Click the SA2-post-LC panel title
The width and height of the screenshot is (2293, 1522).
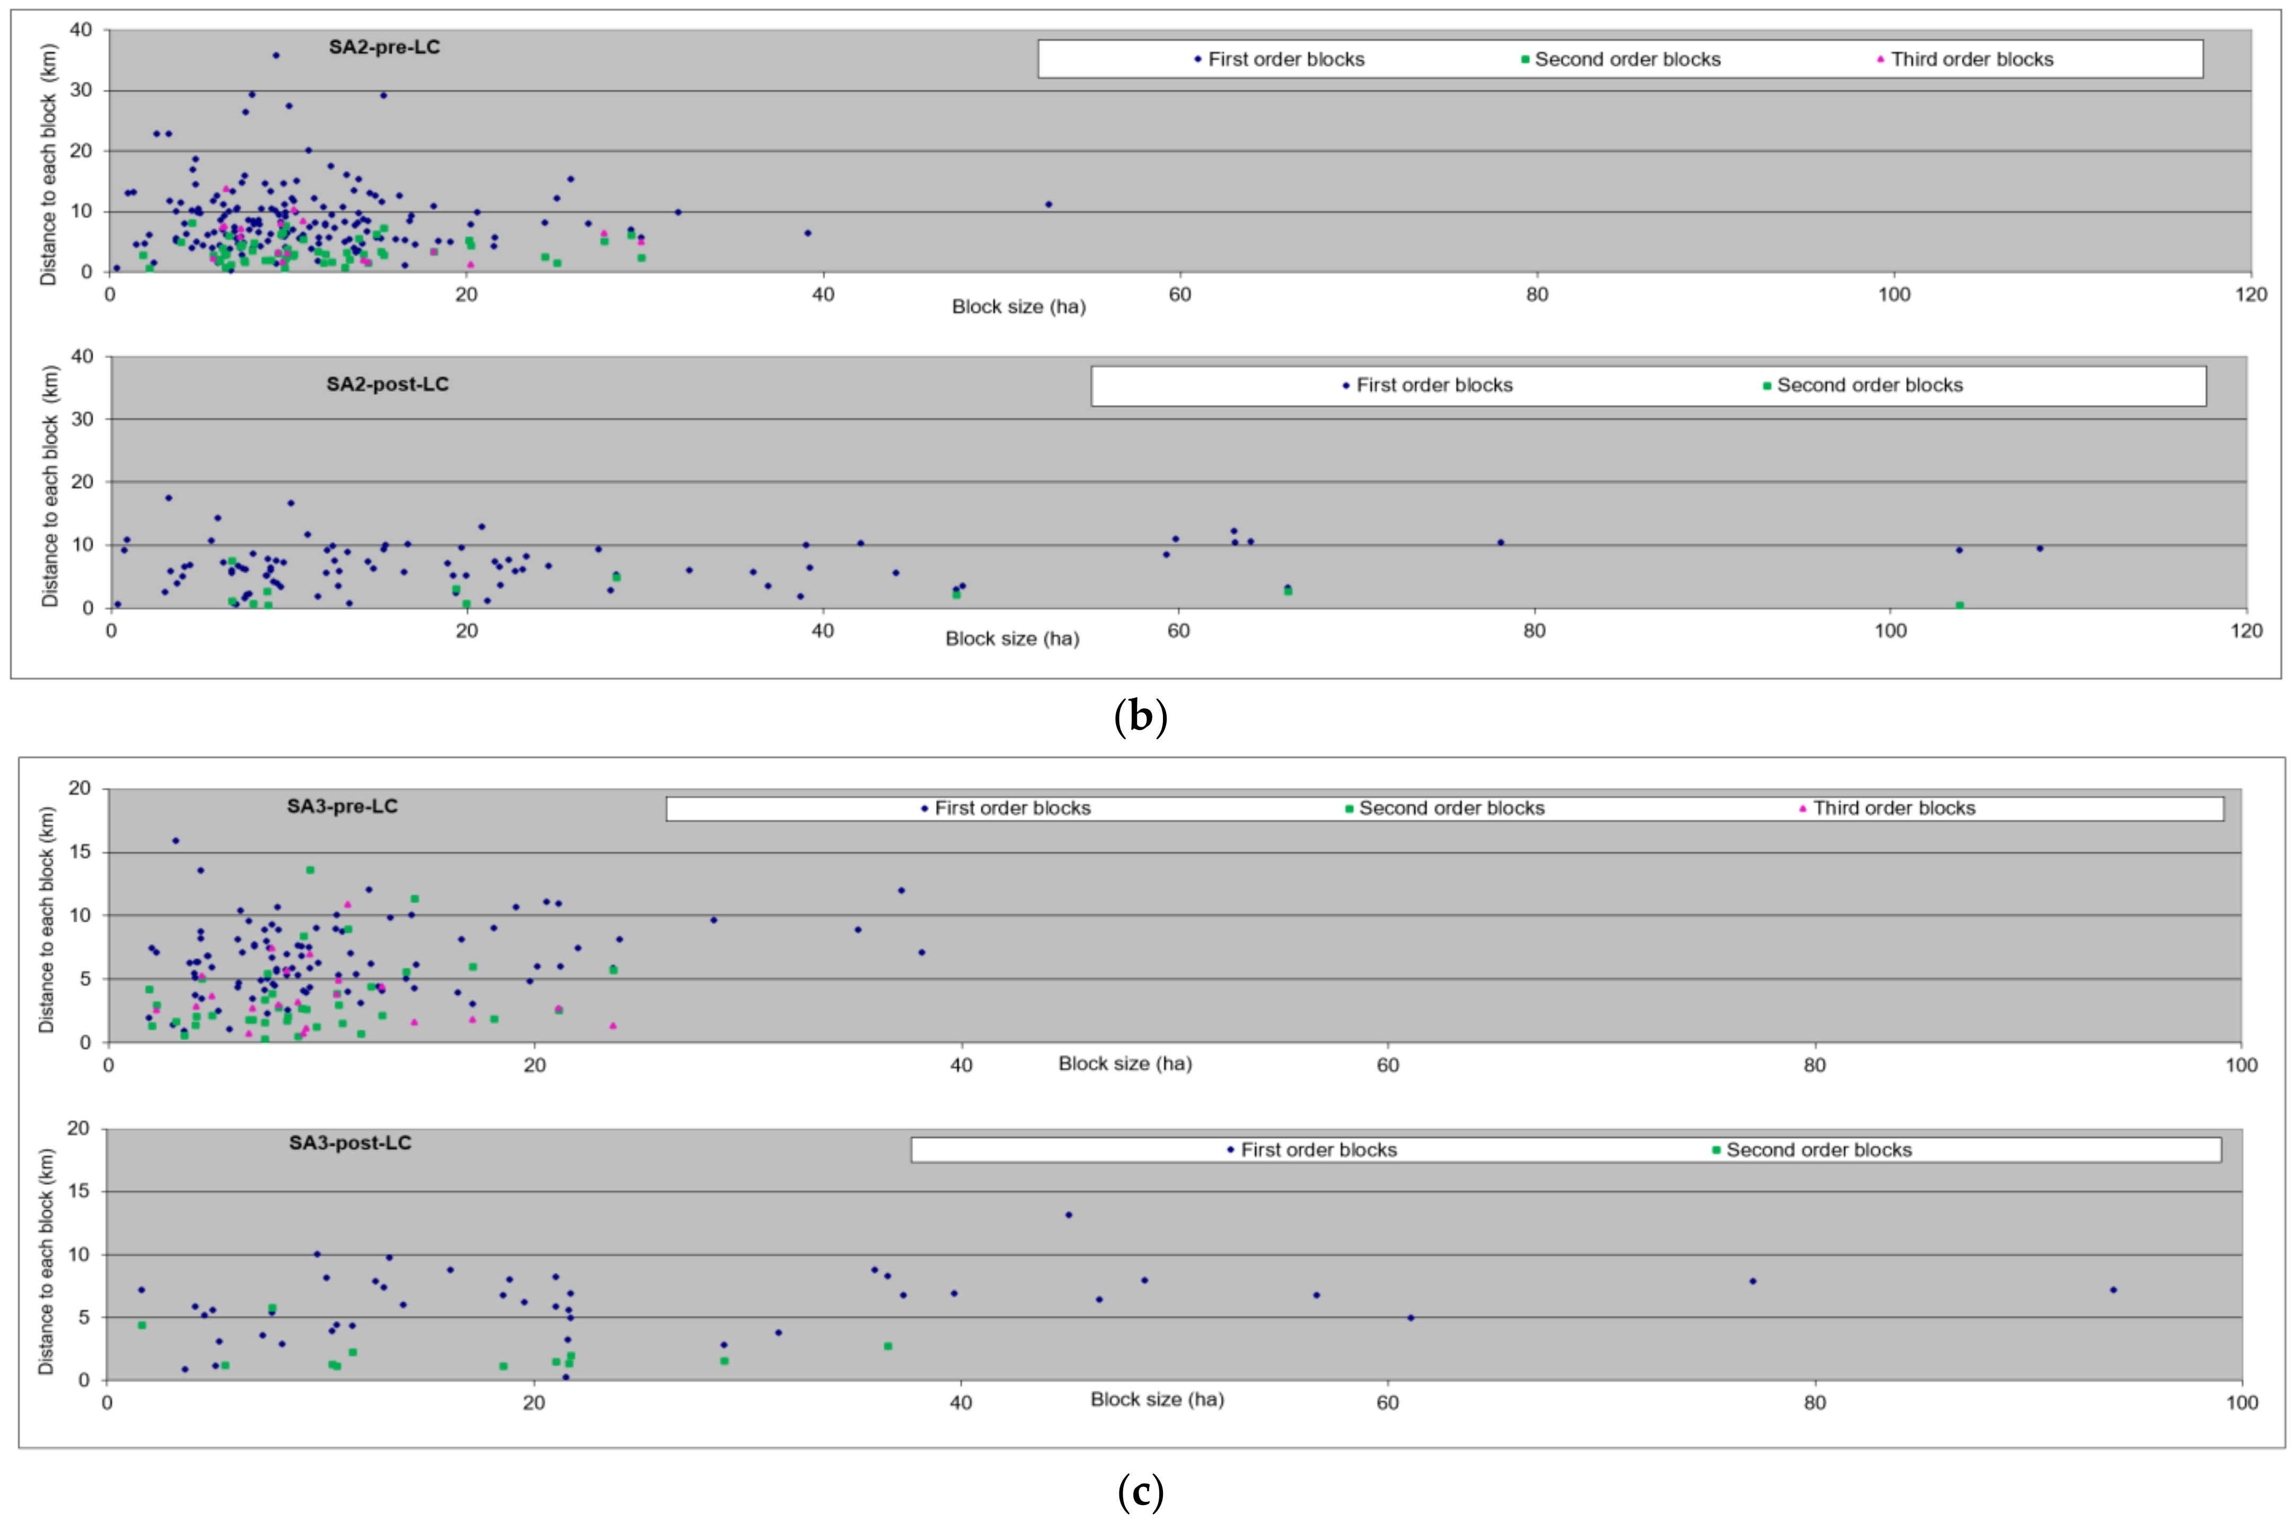click(387, 384)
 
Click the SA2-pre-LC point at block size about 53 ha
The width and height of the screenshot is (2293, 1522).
click(1048, 205)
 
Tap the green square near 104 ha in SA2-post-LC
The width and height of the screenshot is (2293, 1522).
click(1959, 606)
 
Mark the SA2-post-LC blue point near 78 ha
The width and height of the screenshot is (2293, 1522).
click(1501, 543)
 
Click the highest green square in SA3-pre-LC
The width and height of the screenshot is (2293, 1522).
click(310, 870)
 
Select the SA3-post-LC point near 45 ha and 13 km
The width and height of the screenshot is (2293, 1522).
click(1069, 1215)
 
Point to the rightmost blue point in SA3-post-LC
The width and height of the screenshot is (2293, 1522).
click(2113, 1290)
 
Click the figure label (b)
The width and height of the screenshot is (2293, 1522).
click(1141, 717)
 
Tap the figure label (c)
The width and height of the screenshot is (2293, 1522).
click(1141, 1491)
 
